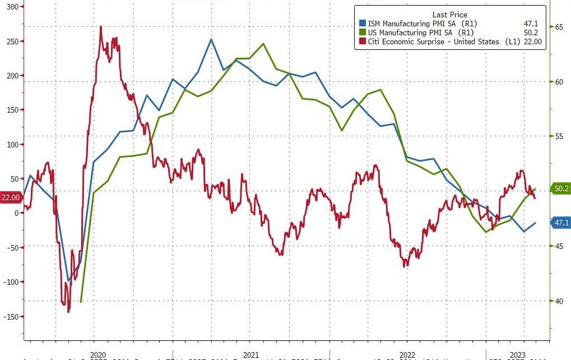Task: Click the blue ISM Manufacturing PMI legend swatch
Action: click(362, 24)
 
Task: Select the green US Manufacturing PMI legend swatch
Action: click(362, 33)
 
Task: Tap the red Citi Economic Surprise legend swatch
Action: click(362, 41)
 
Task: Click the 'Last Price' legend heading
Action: click(449, 15)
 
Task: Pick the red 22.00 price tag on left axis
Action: click(11, 197)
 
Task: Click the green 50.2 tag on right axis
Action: click(561, 189)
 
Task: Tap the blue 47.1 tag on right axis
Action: click(561, 223)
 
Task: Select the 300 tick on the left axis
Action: click(12, 7)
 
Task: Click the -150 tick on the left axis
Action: click(11, 316)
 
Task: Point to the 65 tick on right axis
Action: click(559, 26)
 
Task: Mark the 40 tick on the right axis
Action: click(559, 301)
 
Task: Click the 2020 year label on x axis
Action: click(98, 355)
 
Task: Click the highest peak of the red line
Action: click(100, 26)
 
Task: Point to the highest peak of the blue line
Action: click(211, 39)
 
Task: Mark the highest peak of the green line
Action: click(263, 44)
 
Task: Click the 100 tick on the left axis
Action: click(12, 144)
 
